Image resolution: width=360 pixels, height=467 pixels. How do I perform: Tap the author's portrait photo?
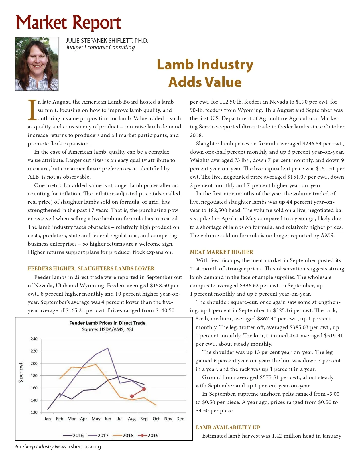(37, 64)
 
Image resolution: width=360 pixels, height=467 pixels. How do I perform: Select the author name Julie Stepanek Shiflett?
(107, 41)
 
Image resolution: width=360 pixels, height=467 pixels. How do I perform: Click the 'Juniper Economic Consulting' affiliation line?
(100, 48)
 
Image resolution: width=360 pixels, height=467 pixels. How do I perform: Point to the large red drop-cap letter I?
(32, 110)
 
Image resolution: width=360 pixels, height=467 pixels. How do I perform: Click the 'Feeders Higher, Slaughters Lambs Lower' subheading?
(91, 269)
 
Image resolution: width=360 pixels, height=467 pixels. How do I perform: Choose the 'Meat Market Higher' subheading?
(221, 252)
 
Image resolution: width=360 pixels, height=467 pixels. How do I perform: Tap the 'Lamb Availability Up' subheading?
(228, 428)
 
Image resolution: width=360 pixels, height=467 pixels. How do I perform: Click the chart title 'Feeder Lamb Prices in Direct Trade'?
(107, 323)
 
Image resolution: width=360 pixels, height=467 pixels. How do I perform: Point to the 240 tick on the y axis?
(34, 339)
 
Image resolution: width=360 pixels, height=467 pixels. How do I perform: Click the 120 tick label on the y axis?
(34, 413)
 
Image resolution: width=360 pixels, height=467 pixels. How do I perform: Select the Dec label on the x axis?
(180, 419)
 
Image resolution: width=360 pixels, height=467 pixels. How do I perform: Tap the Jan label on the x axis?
(48, 419)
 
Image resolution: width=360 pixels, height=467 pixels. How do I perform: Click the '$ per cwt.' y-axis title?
(21, 372)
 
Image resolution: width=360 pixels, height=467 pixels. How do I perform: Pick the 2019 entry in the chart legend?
(149, 436)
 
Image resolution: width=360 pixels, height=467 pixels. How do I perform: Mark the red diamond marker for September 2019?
(144, 389)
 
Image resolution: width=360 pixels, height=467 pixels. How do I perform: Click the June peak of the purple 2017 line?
(108, 348)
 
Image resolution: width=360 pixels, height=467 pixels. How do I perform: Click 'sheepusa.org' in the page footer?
(86, 447)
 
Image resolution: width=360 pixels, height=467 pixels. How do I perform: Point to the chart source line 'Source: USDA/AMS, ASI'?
(107, 329)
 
